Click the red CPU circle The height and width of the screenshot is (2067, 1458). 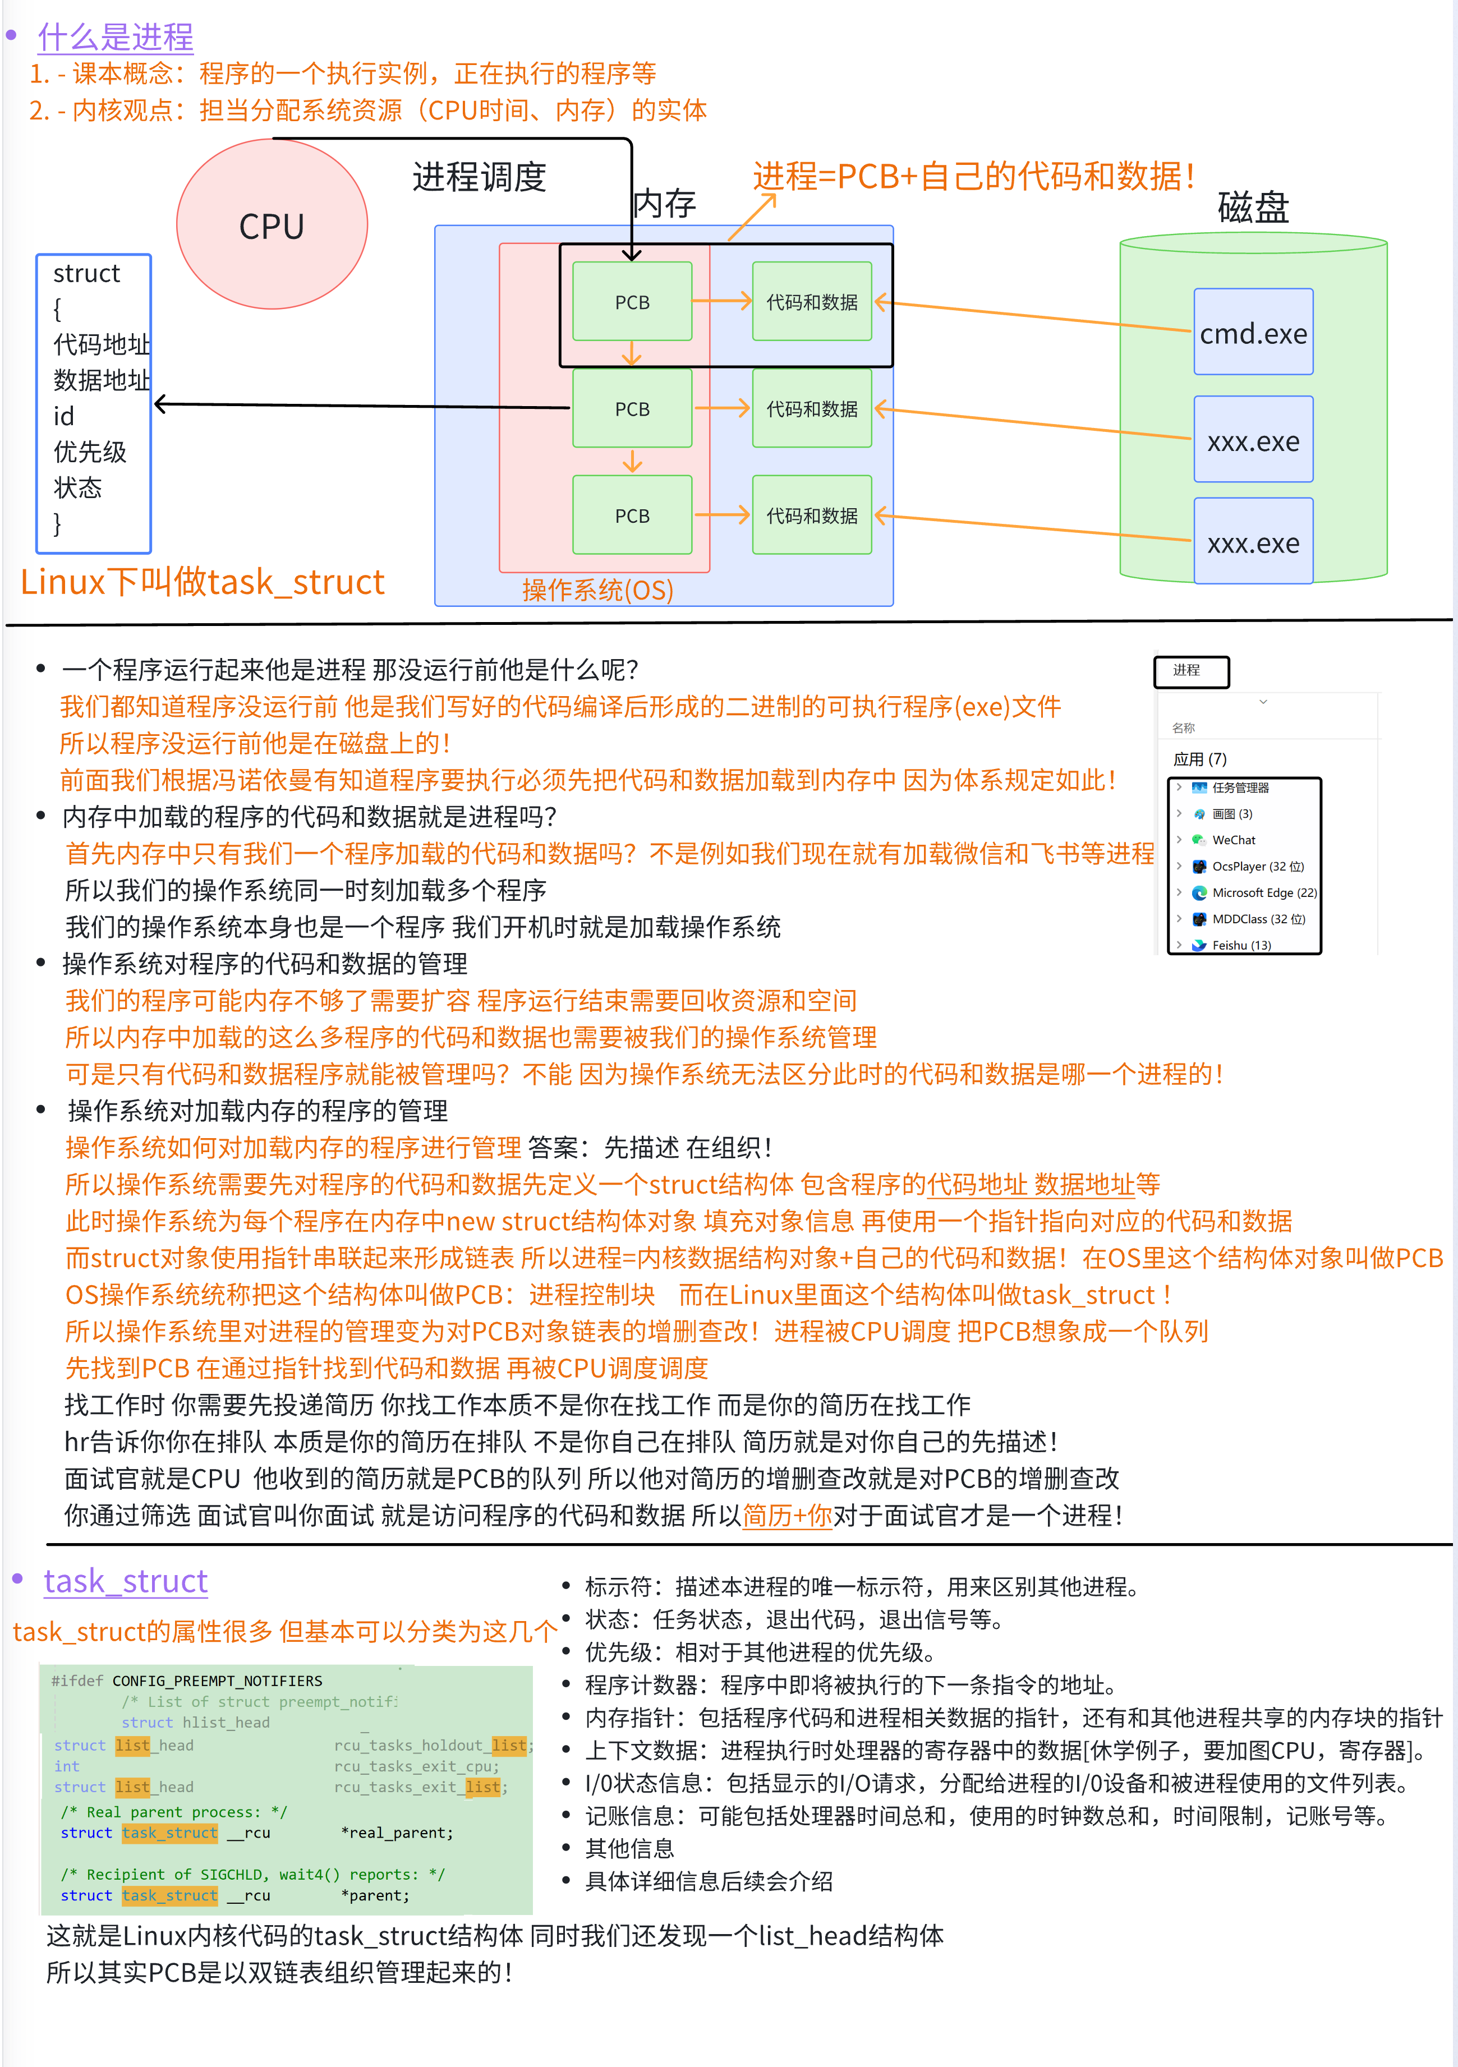(x=272, y=225)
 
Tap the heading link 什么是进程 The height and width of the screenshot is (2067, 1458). (x=115, y=37)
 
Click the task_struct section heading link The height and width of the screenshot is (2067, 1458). (x=125, y=1580)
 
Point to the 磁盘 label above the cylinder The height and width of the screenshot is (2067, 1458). (x=1253, y=207)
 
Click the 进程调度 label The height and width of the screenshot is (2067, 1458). (x=479, y=177)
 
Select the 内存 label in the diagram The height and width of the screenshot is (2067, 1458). (x=665, y=204)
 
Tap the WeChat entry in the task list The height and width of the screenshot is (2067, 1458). (x=1233, y=840)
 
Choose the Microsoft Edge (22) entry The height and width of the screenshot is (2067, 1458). (x=1263, y=892)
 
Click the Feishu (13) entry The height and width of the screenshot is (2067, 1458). (x=1241, y=945)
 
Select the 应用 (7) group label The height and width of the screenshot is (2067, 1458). (x=1199, y=759)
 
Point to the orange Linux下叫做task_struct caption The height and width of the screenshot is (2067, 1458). (x=203, y=582)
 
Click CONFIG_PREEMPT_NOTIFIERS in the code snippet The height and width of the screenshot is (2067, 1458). (x=217, y=1681)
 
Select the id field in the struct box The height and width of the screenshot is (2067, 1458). (x=64, y=416)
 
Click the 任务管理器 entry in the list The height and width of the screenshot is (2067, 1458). (x=1240, y=788)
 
